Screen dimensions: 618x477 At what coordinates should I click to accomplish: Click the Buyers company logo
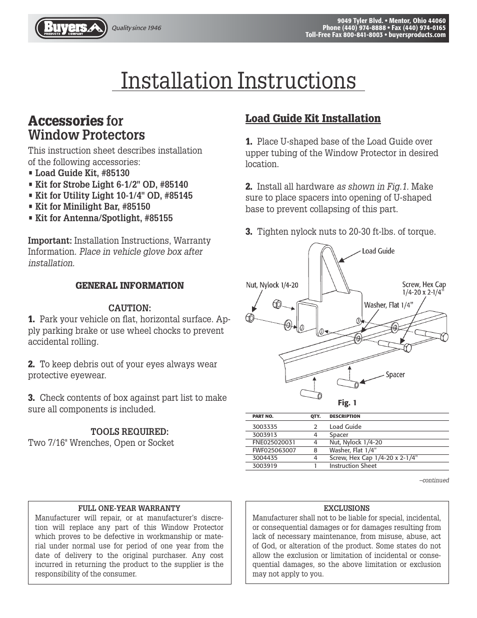point(71,28)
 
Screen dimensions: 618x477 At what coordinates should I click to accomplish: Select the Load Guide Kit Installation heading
point(312,119)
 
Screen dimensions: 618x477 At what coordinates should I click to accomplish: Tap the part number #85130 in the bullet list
point(115,173)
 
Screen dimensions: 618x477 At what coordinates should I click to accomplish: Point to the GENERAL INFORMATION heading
point(129,286)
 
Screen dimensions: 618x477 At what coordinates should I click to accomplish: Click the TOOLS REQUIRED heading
point(129,431)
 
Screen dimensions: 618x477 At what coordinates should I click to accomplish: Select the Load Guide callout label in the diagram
point(378,251)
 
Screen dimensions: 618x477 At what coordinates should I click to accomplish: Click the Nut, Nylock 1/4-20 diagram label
point(272,285)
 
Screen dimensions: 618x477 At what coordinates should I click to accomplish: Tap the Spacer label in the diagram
point(395,374)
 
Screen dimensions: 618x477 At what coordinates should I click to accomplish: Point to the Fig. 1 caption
point(347,402)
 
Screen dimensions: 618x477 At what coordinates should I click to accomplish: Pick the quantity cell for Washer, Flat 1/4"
point(315,450)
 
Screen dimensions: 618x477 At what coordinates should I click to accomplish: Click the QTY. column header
point(315,416)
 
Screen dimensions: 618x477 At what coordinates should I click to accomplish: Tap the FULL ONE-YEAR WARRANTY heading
point(129,508)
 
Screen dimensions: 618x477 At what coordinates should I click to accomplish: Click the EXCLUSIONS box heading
point(346,508)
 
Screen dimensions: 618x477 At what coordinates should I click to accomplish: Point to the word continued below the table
point(434,480)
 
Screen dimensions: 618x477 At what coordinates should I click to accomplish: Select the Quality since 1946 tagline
point(136,28)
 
